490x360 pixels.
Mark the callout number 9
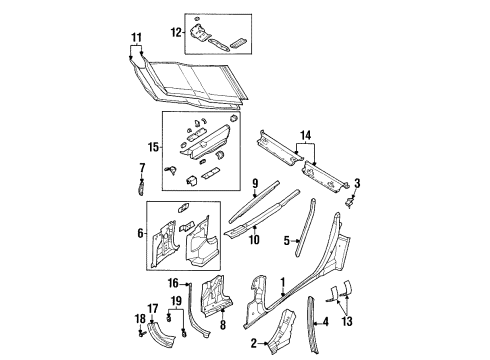click(x=255, y=184)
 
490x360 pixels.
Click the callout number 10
click(x=254, y=238)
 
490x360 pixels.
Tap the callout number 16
click(x=172, y=284)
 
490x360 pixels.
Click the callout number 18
click(x=140, y=319)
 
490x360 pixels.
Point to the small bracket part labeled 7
click(x=141, y=185)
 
